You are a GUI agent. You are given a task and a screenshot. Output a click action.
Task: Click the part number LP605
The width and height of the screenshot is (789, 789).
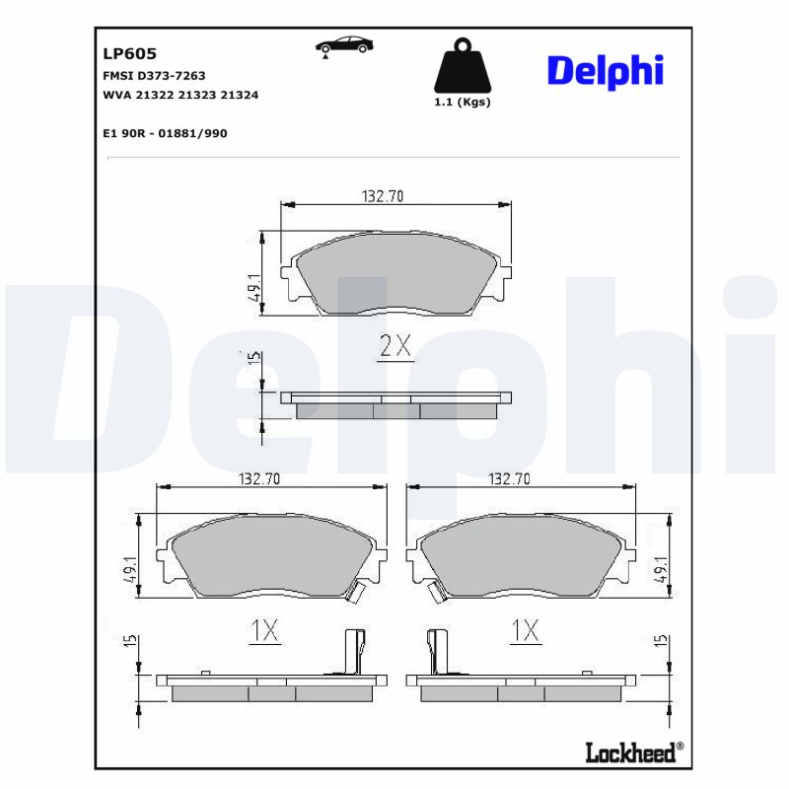tap(129, 54)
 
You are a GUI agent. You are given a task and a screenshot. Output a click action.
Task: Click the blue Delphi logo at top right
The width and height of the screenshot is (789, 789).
tap(605, 71)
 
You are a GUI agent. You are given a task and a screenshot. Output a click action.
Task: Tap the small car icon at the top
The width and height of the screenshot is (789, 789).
tap(344, 45)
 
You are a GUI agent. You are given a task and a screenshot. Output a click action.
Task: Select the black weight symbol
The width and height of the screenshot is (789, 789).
tap(462, 67)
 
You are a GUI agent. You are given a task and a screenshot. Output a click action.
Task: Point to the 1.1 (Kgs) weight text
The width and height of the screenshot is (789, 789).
tap(462, 103)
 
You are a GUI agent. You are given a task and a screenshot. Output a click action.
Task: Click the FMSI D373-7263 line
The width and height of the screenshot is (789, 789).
tap(154, 75)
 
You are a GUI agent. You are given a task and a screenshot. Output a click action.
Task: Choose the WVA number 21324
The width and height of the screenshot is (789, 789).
tap(240, 95)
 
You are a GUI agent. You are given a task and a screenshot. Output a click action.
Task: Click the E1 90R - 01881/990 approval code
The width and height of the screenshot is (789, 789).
tap(165, 133)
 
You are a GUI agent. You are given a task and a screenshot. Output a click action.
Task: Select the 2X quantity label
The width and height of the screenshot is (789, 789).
tap(395, 346)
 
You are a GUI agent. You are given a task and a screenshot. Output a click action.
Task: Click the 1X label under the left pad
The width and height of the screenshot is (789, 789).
tap(263, 631)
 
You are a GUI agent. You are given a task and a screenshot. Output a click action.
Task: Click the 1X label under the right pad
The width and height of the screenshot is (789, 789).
tap(526, 631)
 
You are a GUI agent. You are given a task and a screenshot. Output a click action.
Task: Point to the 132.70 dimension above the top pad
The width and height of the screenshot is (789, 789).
tap(383, 196)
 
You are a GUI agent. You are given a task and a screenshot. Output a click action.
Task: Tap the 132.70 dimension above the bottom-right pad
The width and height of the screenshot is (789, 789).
tap(510, 478)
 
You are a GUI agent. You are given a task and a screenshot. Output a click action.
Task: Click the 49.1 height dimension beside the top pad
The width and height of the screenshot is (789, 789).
tap(254, 287)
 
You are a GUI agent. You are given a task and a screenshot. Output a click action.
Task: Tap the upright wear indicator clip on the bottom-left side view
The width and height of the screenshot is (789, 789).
tap(352, 652)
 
